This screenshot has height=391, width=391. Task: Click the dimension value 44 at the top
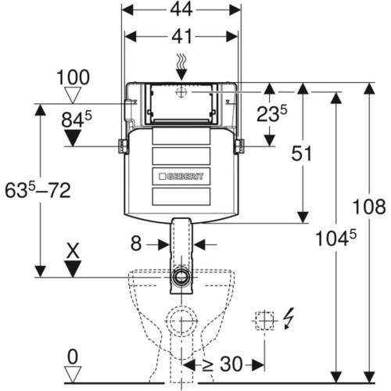(x=181, y=9)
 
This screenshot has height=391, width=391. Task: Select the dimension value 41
(x=181, y=36)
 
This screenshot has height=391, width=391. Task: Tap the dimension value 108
(x=369, y=206)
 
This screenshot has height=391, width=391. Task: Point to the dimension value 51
(x=301, y=153)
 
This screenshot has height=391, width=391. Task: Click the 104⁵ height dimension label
(x=335, y=239)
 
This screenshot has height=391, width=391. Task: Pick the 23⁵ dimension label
(x=272, y=113)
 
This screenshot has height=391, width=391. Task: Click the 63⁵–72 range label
(x=38, y=190)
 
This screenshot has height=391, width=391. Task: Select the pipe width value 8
(x=136, y=244)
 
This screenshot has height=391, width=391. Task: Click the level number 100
(x=73, y=77)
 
